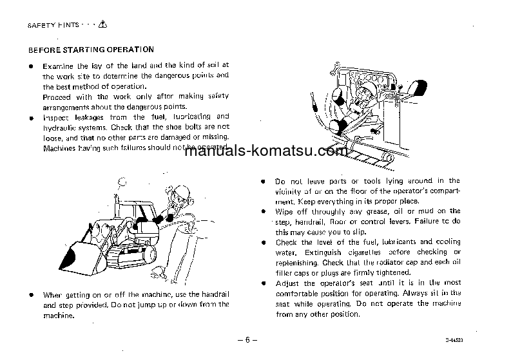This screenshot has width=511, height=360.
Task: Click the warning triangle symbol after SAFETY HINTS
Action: (x=104, y=24)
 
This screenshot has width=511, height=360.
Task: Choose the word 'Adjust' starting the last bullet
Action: (x=287, y=283)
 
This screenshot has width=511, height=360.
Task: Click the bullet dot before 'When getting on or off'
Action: (x=31, y=294)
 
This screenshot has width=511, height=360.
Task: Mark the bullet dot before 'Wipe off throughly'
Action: (x=263, y=211)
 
